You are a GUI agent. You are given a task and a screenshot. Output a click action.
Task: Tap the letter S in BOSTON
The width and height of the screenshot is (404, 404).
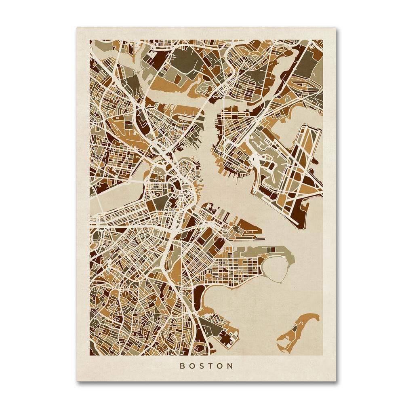point(202,366)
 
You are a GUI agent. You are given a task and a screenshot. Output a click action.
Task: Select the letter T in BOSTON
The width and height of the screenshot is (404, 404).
point(211,366)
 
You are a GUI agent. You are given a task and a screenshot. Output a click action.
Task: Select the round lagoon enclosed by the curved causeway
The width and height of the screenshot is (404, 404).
point(276,269)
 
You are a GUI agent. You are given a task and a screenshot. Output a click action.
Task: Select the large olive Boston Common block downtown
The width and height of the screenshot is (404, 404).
point(176,187)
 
